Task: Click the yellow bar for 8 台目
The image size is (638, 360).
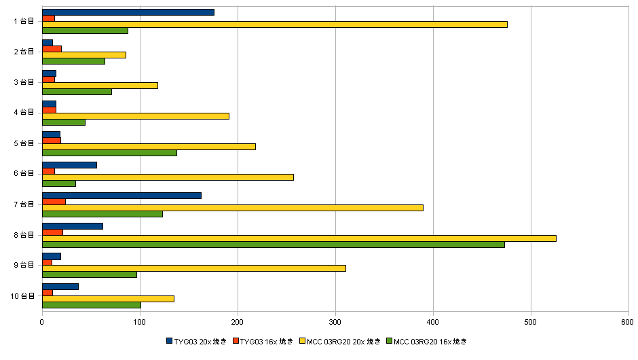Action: coord(299,238)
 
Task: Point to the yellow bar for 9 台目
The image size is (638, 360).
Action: coord(194,268)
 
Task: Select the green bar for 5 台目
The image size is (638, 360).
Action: coord(109,153)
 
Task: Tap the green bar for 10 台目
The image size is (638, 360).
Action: coord(92,305)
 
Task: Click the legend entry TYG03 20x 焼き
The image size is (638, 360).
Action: coord(196,341)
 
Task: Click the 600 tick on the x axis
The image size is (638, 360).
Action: coord(628,323)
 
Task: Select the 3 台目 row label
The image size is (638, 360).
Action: coord(24,82)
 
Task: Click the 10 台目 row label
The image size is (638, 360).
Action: coord(22,296)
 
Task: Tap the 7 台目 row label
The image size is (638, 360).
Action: coord(24,204)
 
